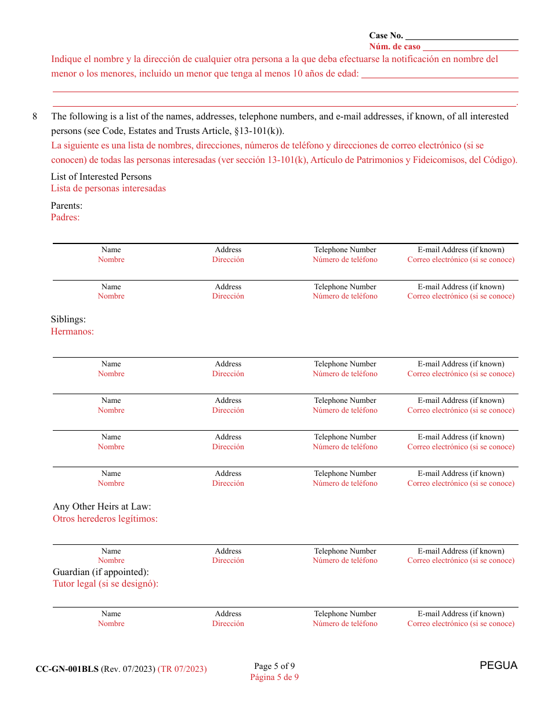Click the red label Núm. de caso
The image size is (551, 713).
pos(394,47)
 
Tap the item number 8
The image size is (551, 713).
pos(35,117)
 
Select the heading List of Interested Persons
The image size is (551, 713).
pos(101,177)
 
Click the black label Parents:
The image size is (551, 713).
pos(66,206)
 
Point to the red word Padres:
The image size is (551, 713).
pos(65,217)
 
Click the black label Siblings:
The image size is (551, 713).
pos(68,320)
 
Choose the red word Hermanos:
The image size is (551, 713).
pos(72,332)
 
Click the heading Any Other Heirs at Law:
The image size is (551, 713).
pos(101,507)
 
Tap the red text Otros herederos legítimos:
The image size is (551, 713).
pos(105,519)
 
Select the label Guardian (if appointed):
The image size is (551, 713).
pos(100,572)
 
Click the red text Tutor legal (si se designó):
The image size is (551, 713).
pos(106,584)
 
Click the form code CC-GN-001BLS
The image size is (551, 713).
pos(67,669)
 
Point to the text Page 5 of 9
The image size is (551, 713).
pos(274,666)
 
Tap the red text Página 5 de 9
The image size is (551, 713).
pos(274,677)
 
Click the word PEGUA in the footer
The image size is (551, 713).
pos(498,665)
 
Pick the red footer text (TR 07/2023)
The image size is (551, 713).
pos(182,669)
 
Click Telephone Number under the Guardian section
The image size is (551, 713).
pos(345,614)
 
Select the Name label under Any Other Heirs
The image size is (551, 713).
pos(111,551)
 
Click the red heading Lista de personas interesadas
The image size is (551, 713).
pos(108,188)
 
